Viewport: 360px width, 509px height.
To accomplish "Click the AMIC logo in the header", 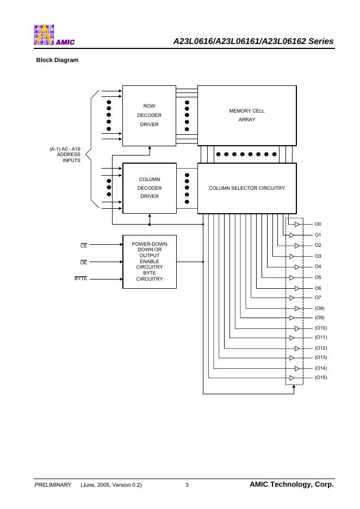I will tap(53, 35).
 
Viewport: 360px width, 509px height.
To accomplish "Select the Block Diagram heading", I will tap(57, 60).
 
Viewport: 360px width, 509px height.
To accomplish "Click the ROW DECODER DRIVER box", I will tap(149, 115).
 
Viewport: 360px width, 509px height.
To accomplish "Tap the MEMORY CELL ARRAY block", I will tap(246, 115).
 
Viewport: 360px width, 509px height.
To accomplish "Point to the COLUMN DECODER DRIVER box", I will tap(149, 188).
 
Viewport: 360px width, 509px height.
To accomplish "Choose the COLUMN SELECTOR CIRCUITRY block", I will tap(246, 188).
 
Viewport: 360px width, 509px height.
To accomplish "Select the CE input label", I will tap(84, 246).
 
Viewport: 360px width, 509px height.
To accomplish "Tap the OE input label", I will tap(84, 263).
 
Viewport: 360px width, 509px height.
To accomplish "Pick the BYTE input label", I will tap(81, 279).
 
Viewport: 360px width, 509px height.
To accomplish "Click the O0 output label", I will tap(318, 224).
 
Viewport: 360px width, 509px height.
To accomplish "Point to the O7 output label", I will tap(318, 298).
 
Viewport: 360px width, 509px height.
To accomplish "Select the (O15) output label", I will tap(321, 377).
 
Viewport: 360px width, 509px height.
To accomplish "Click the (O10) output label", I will tap(321, 328).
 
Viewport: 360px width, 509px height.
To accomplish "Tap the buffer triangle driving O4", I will tap(297, 267).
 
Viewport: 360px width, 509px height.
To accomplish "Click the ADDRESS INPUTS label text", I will tap(69, 157).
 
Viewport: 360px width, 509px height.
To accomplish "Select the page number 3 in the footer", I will tap(187, 485).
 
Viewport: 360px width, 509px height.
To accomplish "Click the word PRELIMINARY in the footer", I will tap(53, 485).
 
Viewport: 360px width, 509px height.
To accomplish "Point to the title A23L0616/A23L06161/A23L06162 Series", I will tap(253, 41).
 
